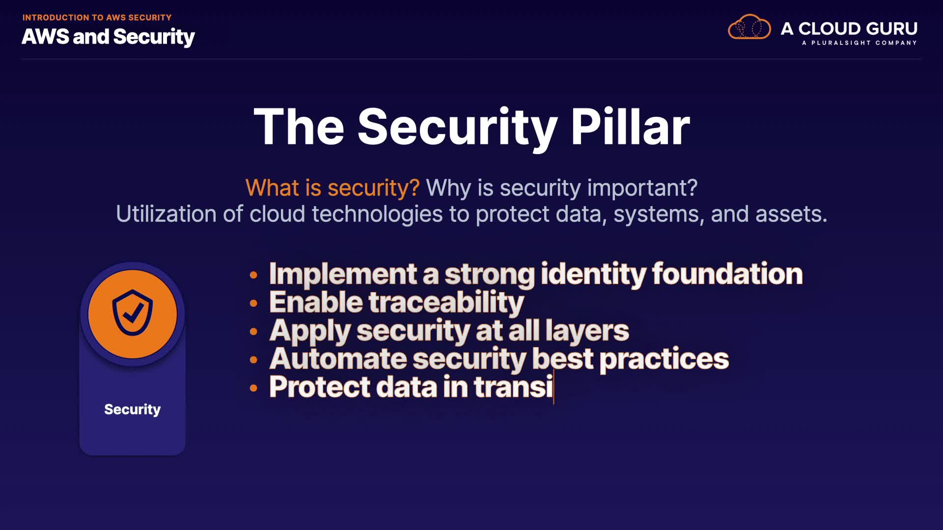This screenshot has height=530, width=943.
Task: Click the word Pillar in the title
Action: click(630, 127)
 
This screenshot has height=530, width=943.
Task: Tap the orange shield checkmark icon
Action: click(133, 314)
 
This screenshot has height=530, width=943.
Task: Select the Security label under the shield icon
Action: click(133, 409)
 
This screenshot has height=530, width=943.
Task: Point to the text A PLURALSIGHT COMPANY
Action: click(860, 43)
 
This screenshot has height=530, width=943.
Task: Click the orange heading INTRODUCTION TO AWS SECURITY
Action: click(97, 18)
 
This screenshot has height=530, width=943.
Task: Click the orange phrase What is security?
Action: click(333, 188)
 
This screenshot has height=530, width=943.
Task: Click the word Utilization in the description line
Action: click(166, 214)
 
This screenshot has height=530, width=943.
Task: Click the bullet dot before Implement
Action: click(253, 275)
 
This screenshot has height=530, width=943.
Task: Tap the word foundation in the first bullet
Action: click(727, 273)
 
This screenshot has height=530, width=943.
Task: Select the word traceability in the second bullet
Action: click(446, 302)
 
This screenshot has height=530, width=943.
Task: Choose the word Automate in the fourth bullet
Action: click(338, 359)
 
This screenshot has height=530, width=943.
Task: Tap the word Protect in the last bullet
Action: click(320, 387)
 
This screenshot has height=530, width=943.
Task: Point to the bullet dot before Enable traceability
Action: click(253, 303)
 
